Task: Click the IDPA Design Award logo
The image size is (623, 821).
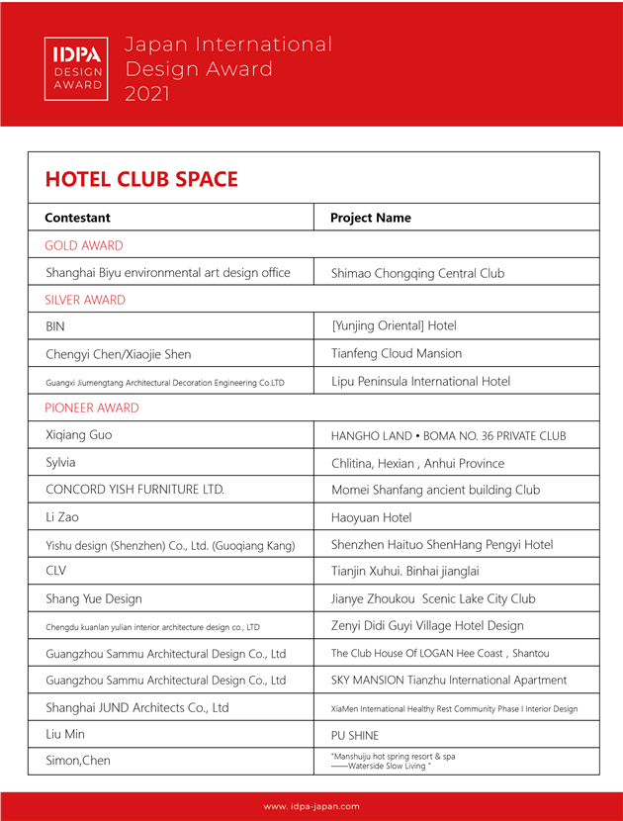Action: [x=78, y=68]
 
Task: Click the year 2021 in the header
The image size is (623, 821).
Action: [x=147, y=94]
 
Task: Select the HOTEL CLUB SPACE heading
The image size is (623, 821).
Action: [x=141, y=179]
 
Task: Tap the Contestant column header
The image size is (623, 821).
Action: [x=77, y=218]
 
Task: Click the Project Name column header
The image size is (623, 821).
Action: [x=370, y=218]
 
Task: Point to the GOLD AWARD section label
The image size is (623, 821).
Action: [x=84, y=245]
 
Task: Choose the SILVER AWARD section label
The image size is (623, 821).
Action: [x=85, y=300]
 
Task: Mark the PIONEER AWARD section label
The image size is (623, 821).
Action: [x=92, y=408]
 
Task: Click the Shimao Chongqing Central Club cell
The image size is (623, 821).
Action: [x=417, y=273]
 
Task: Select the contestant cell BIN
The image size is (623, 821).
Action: [x=55, y=326]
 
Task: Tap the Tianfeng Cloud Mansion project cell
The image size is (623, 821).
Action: [x=397, y=353]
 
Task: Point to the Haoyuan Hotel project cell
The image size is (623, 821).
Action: [x=371, y=517]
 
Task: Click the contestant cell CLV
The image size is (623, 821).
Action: [x=56, y=571]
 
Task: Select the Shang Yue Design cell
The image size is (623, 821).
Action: [x=94, y=598]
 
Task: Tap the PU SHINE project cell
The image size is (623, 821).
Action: [x=355, y=734]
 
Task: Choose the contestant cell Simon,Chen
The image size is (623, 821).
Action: [x=78, y=761]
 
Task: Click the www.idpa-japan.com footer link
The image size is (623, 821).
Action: [x=311, y=806]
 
